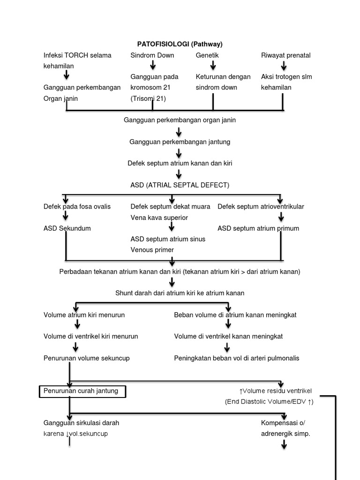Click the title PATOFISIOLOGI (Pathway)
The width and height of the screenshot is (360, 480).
pyautogui.click(x=180, y=44)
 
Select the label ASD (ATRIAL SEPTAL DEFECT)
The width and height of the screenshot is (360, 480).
pyautogui.click(x=180, y=185)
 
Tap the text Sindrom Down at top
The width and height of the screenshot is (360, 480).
pyautogui.click(x=152, y=55)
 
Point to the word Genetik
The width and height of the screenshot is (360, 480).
pyautogui.click(x=207, y=55)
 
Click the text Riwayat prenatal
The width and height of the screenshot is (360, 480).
pyautogui.click(x=285, y=55)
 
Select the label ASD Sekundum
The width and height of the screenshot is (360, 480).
pyautogui.click(x=67, y=228)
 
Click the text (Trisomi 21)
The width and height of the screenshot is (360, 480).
pyautogui.click(x=148, y=98)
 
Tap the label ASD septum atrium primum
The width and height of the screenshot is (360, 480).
pyautogui.click(x=258, y=228)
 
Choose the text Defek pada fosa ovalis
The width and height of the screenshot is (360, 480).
pyautogui.click(x=77, y=206)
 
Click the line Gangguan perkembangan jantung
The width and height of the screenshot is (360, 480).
pyautogui.click(x=180, y=142)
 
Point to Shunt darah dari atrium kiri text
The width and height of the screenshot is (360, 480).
pyautogui.click(x=180, y=293)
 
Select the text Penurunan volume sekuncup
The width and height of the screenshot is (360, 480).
pyautogui.click(x=86, y=358)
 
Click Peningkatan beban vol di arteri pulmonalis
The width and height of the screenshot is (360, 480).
pyautogui.click(x=236, y=358)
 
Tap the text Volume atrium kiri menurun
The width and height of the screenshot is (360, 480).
pyautogui.click(x=84, y=315)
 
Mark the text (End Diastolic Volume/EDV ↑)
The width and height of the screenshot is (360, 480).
pyautogui.click(x=269, y=402)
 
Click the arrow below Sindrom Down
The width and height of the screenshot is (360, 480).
pyautogui.click(x=152, y=66)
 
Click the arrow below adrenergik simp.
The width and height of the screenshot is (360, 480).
pyautogui.click(x=284, y=444)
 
